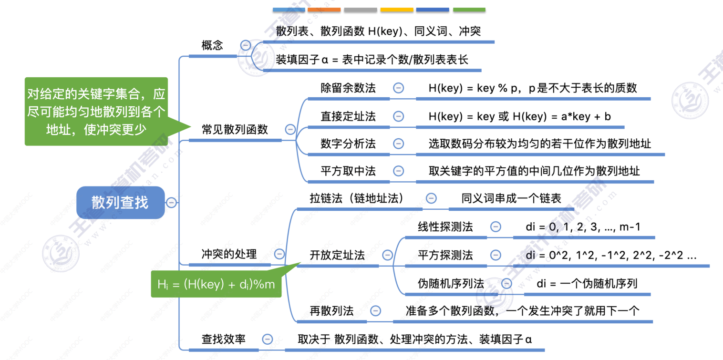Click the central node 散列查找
120,203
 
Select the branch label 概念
212,46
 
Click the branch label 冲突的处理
229,254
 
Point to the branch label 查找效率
223,339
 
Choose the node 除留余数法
348,88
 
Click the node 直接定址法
348,116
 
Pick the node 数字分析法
348,144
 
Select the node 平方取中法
348,171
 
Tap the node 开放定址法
337,255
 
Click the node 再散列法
331,311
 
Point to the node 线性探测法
445,227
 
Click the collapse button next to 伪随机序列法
506,283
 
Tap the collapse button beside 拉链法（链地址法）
431,198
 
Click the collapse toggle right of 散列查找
171,203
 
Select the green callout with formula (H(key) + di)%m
216,284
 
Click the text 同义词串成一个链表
511,198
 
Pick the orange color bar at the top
324,10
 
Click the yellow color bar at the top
397,10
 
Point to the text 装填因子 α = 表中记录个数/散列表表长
372,60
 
